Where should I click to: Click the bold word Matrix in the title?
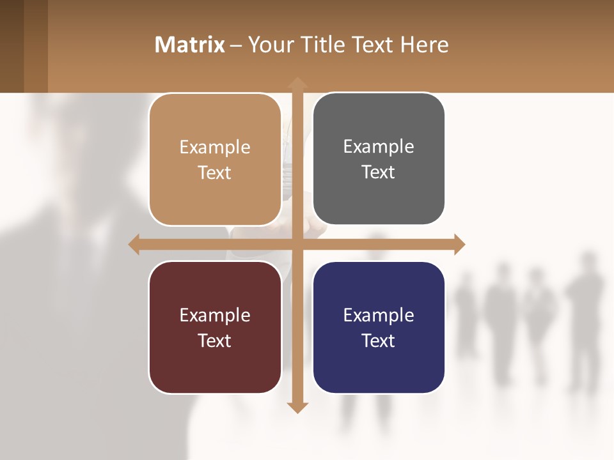point(190,45)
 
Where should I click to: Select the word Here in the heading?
point(425,45)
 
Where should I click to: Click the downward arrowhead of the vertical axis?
point(297,407)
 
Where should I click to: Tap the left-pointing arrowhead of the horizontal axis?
point(134,244)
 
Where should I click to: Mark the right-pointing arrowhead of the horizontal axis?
point(459,244)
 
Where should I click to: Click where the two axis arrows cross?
point(297,244)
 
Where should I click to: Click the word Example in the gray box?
point(379,147)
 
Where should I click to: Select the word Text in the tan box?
point(215,173)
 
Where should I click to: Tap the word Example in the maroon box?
point(215,315)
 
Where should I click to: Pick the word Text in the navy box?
point(379,341)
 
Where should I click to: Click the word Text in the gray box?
point(379,172)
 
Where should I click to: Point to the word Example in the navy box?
point(379,315)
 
